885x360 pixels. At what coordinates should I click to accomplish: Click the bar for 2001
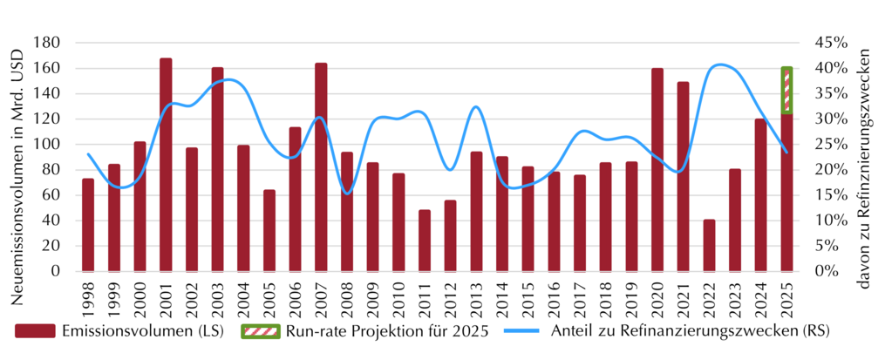coord(166,165)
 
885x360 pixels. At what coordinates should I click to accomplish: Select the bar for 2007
coord(321,167)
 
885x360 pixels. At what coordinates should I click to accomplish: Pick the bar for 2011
coord(425,241)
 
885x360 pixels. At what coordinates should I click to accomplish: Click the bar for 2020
coord(657,170)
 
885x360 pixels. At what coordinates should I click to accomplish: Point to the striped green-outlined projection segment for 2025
coord(786,90)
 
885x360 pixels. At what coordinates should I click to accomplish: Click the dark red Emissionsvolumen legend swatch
coord(35,331)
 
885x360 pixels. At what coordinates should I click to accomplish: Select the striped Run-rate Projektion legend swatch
coord(260,331)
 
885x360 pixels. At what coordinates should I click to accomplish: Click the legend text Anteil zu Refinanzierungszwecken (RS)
coord(691,331)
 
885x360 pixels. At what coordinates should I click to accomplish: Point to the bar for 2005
coord(269,231)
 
